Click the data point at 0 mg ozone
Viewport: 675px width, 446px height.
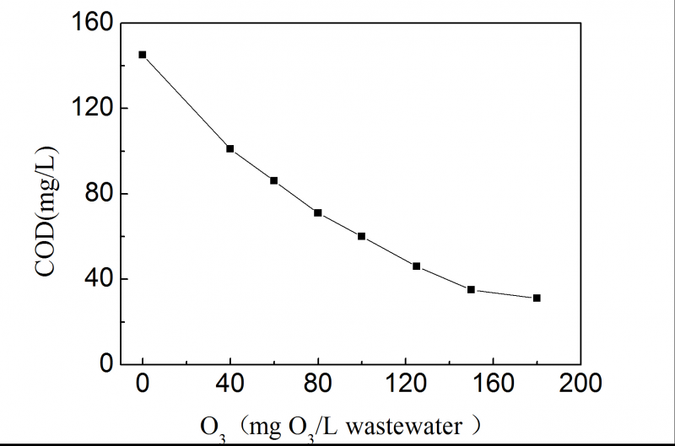(143, 55)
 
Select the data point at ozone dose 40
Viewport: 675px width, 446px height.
(229, 148)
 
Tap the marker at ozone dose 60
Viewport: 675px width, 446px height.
(273, 180)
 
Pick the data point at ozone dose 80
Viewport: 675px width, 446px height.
(317, 212)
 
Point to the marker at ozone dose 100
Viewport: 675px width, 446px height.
(361, 236)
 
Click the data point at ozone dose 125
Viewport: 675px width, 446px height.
(416, 266)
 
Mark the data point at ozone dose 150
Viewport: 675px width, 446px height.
(471, 289)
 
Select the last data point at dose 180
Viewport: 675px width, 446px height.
(537, 298)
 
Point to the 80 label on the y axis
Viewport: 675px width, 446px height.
(100, 194)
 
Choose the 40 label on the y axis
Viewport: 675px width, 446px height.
(100, 279)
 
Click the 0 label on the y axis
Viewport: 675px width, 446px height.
(107, 364)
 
